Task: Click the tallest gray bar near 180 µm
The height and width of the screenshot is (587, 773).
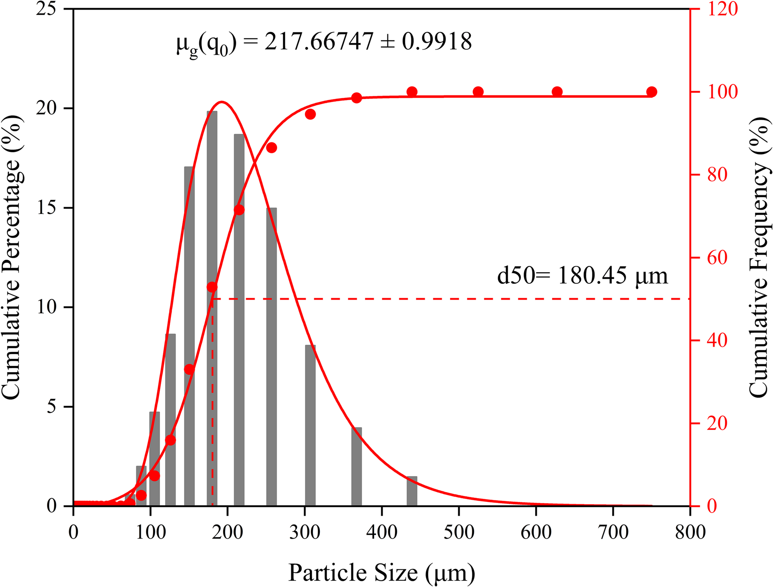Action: (x=212, y=308)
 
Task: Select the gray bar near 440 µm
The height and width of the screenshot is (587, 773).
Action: (x=412, y=491)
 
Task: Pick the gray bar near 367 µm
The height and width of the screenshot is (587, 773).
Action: (x=356, y=466)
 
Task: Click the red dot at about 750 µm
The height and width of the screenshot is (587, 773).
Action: (x=651, y=92)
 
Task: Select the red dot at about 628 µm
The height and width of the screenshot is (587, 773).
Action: (x=557, y=92)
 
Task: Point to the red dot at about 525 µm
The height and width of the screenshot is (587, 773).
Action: (x=478, y=92)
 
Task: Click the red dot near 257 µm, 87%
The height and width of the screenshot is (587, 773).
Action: (x=272, y=148)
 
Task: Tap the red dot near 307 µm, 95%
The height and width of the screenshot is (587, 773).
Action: (x=310, y=114)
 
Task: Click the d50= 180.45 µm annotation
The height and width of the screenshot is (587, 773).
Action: (x=582, y=276)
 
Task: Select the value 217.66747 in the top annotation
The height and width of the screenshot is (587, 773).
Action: (x=319, y=41)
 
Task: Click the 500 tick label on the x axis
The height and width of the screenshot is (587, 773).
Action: (x=459, y=532)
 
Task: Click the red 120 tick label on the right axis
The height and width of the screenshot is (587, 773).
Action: (x=723, y=9)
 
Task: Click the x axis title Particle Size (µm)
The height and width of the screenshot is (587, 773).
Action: (x=381, y=572)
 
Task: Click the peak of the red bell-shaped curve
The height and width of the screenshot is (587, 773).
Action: (x=222, y=102)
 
